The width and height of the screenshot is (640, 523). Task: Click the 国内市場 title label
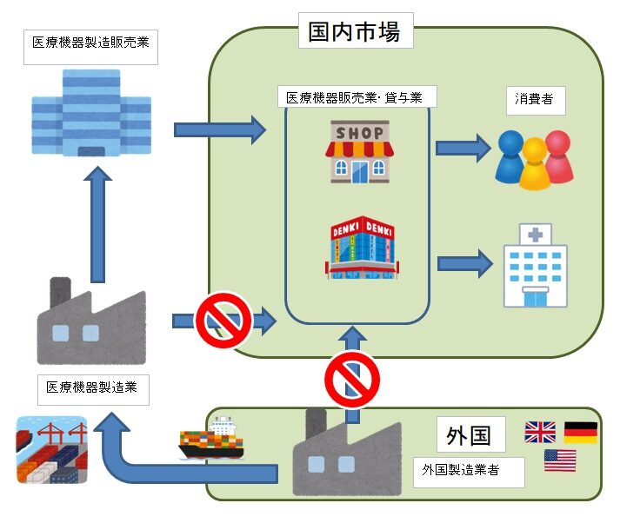click(354, 34)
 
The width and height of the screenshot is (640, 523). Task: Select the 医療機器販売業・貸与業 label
click(356, 97)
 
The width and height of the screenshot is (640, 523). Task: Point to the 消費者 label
click(534, 98)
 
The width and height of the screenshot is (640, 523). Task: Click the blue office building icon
click(91, 113)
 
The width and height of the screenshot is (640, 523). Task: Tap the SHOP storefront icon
click(358, 151)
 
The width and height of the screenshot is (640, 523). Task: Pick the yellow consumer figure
click(534, 165)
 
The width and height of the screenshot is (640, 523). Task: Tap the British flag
click(540, 432)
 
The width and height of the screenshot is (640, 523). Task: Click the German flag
click(580, 432)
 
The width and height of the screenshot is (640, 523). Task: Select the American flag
click(560, 460)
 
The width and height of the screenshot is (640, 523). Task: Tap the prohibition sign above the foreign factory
click(352, 377)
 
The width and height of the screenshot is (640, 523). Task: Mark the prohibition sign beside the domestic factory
click(223, 320)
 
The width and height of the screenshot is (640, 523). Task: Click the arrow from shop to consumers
click(463, 148)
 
